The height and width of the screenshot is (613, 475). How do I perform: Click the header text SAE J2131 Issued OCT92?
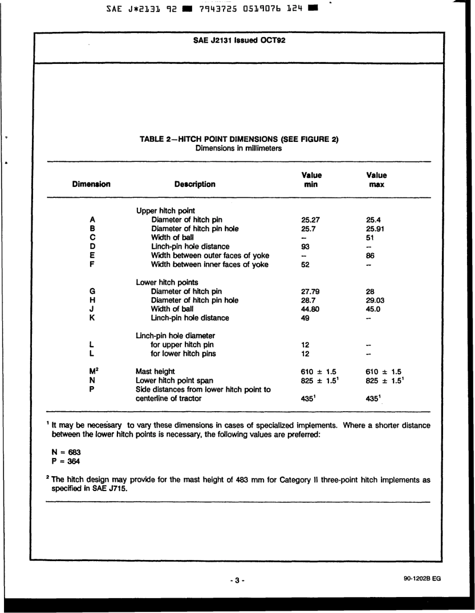(x=239, y=40)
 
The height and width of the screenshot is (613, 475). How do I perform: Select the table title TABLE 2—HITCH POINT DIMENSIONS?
(x=239, y=139)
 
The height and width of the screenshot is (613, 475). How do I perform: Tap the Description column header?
(x=195, y=184)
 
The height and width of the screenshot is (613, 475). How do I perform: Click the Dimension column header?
(x=91, y=184)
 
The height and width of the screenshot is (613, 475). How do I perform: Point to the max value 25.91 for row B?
(x=375, y=229)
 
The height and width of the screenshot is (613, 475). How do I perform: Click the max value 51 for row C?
(x=370, y=238)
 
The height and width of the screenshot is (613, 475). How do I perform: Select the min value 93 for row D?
(x=306, y=247)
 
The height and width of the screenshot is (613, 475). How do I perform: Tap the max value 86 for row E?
(x=370, y=256)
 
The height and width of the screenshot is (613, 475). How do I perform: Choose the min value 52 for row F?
(x=306, y=265)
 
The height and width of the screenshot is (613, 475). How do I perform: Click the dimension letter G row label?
(x=92, y=291)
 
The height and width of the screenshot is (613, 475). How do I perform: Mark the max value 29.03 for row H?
(x=375, y=300)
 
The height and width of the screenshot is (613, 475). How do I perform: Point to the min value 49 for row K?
(x=306, y=318)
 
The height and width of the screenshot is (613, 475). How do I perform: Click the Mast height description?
(x=155, y=372)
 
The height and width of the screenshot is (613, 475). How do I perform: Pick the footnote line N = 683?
(x=63, y=452)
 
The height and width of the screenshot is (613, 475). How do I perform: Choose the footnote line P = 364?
(x=63, y=461)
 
